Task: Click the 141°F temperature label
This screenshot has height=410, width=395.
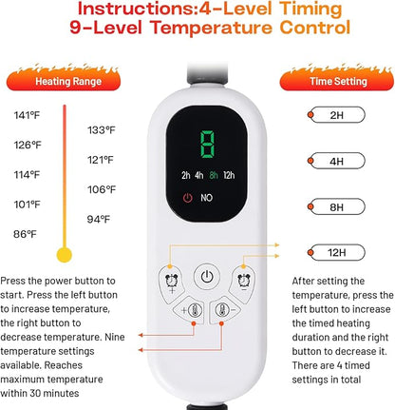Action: (27, 115)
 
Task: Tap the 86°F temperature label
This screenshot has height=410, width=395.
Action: (25, 234)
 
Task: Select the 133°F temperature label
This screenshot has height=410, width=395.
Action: (102, 130)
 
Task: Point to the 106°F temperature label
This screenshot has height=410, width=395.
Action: (102, 189)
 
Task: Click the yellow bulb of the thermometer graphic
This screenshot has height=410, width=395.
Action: (65, 255)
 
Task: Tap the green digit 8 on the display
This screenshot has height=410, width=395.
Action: (207, 144)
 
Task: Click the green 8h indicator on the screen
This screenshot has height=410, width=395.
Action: (214, 175)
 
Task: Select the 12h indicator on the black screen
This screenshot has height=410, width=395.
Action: (229, 175)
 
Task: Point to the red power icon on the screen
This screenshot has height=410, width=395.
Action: (188, 198)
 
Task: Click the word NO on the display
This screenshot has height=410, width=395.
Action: (206, 198)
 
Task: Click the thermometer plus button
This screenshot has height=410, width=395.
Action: (191, 310)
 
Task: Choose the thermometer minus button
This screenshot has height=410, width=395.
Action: (225, 310)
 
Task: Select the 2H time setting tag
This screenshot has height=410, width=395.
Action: (336, 115)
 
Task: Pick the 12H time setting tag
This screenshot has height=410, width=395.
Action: (336, 252)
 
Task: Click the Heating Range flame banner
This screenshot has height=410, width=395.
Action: (64, 78)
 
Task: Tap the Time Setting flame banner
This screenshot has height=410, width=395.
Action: (337, 78)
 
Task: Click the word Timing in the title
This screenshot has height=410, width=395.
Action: (310, 9)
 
